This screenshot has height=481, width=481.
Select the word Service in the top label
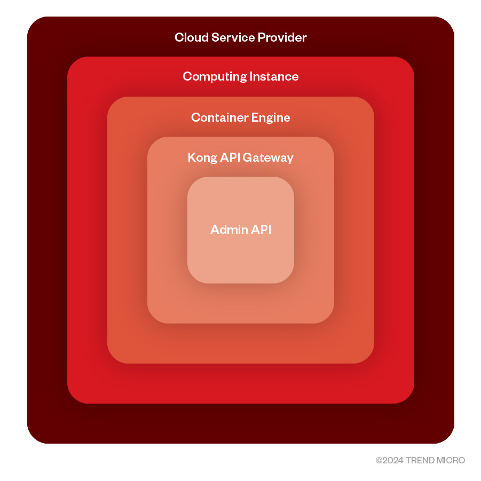(231, 37)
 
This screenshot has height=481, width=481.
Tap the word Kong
(201, 157)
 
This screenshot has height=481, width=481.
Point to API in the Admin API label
(261, 230)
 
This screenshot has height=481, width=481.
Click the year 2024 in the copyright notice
(393, 460)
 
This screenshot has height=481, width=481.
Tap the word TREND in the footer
(419, 460)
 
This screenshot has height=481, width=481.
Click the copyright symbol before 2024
(379, 460)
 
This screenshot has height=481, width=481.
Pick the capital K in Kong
(191, 157)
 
